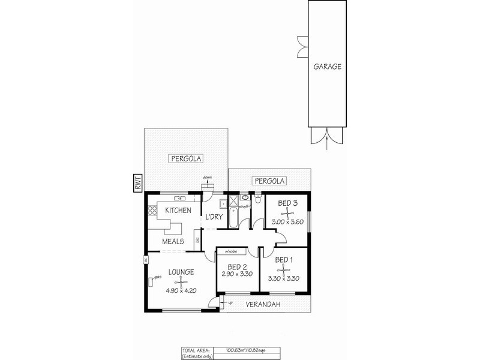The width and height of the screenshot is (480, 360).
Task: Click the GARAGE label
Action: pos(327,67)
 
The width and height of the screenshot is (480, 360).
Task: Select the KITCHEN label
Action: pos(178,210)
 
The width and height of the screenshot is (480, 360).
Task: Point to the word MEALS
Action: pos(174,241)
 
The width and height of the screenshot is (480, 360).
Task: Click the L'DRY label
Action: pos(214,217)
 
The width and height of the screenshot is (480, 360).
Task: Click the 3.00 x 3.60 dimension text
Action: pos(288,221)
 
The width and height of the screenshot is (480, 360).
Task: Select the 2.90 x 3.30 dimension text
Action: pos(235,274)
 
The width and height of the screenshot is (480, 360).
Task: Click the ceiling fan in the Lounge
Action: pos(181,282)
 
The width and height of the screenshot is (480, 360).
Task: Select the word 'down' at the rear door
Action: pos(208,178)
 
